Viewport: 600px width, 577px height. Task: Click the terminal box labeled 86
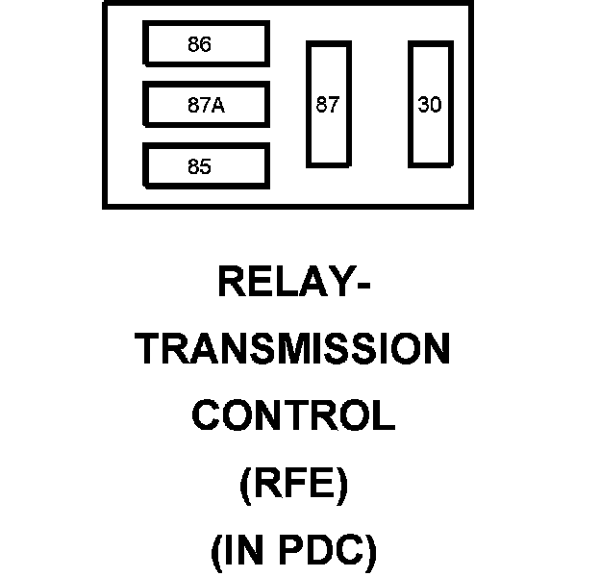tap(206, 44)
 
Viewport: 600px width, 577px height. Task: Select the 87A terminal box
tap(206, 105)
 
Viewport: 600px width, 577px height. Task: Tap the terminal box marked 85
tap(206, 165)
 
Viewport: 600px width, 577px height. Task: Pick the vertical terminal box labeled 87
tap(328, 104)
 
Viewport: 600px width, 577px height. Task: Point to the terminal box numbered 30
tap(430, 104)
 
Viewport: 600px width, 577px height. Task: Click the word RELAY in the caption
tap(285, 283)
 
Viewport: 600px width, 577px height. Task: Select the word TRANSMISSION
tap(293, 350)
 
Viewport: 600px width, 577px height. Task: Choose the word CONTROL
tap(293, 416)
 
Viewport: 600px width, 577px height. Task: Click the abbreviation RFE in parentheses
tap(292, 484)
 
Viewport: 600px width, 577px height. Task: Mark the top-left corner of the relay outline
tap(104, 3)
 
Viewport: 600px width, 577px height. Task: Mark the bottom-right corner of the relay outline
tap(471, 207)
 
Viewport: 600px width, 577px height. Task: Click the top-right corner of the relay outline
tap(471, 3)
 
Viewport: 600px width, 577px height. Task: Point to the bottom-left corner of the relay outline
tap(104, 207)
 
